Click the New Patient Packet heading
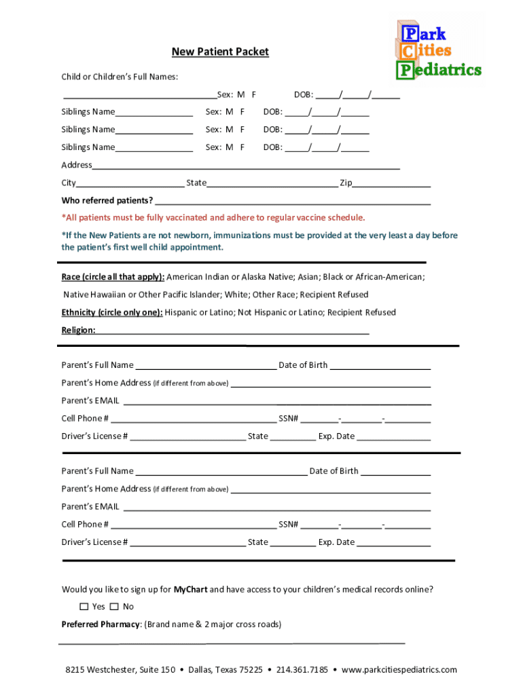pyautogui.click(x=219, y=52)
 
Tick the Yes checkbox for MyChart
pyautogui.click(x=84, y=606)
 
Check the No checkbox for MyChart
pyautogui.click(x=114, y=606)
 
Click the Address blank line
pyautogui.click(x=246, y=167)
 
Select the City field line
pyautogui.click(x=130, y=185)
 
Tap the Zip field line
pyautogui.click(x=392, y=185)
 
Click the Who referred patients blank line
pyautogui.click(x=293, y=202)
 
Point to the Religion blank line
pyautogui.click(x=232, y=333)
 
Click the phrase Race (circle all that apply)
pyautogui.click(x=113, y=277)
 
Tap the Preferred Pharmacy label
pyautogui.click(x=101, y=624)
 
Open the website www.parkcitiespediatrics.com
pyautogui.click(x=399, y=670)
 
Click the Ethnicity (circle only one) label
pyautogui.click(x=111, y=312)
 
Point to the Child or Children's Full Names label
pyautogui.click(x=120, y=77)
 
